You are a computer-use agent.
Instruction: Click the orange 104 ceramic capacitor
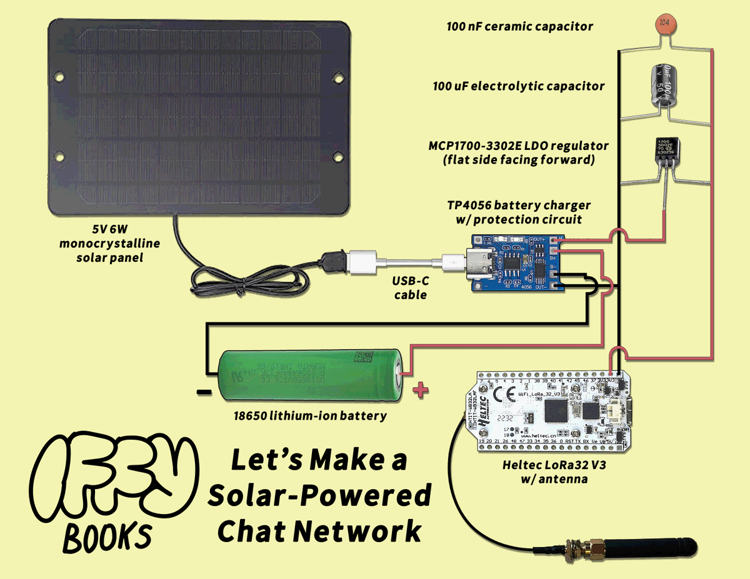click(664, 24)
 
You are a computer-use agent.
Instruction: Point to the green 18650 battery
click(309, 374)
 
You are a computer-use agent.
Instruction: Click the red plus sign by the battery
click(421, 390)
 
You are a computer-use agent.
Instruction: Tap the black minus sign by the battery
click(204, 393)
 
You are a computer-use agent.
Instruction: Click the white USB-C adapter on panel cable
click(362, 262)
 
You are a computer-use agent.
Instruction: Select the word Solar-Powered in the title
click(319, 496)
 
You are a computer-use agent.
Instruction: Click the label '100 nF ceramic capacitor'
click(519, 27)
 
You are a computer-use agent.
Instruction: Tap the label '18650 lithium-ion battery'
click(310, 415)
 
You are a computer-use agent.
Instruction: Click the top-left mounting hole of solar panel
click(60, 77)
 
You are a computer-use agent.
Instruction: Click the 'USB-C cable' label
click(411, 288)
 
